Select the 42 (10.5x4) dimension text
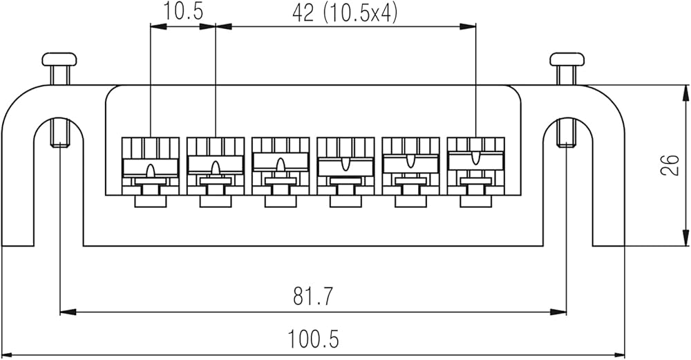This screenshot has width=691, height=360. click(x=345, y=13)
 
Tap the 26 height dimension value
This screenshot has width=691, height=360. click(x=668, y=166)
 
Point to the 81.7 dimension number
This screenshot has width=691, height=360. click(x=313, y=297)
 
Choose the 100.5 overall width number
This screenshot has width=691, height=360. click(x=313, y=339)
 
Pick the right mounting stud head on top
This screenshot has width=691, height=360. click(x=567, y=59)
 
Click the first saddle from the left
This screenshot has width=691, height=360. click(x=150, y=167)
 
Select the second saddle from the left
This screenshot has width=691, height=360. click(x=215, y=167)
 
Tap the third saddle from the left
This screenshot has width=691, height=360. click(x=280, y=167)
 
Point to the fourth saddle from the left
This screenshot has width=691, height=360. click(x=345, y=167)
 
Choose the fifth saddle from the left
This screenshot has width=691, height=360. click(x=410, y=167)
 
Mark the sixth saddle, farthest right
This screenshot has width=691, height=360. click(x=475, y=167)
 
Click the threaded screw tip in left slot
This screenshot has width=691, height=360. click(x=59, y=134)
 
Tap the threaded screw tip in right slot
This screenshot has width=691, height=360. click(x=567, y=134)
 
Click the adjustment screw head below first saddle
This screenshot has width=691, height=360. click(x=150, y=201)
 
